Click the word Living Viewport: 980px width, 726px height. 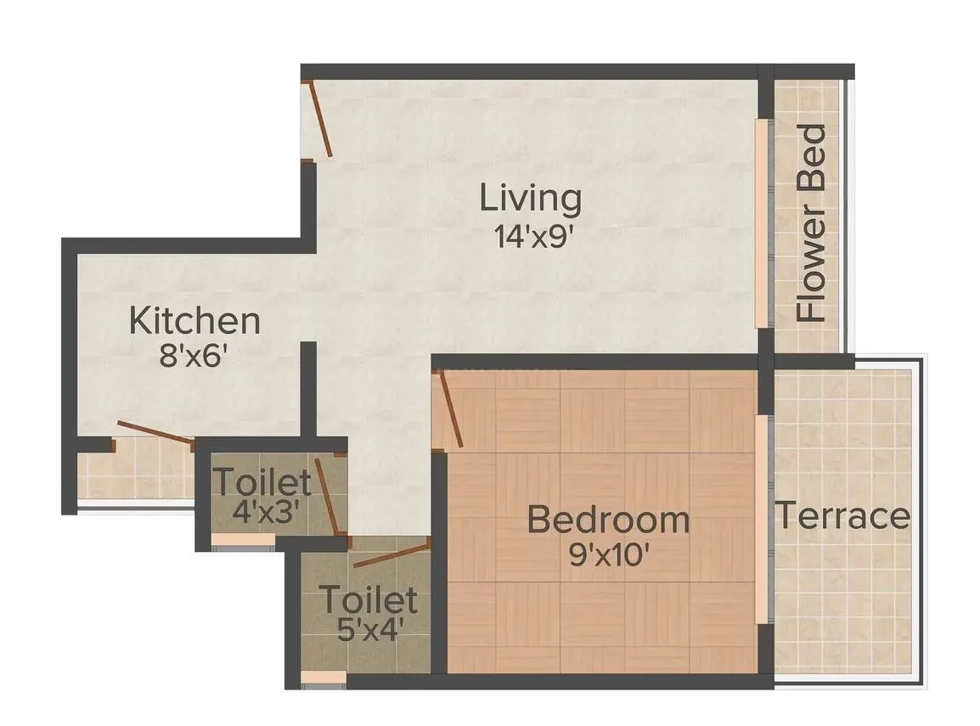click(531, 199)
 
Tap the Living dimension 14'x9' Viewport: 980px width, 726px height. click(531, 235)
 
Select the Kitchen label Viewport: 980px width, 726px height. click(194, 321)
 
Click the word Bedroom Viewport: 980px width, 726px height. click(608, 519)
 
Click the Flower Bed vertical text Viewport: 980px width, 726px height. click(813, 222)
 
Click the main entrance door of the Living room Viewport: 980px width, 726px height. click(318, 118)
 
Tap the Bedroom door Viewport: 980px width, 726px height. click(448, 410)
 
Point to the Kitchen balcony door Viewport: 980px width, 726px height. click(155, 431)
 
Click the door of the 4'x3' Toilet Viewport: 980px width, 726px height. click(329, 494)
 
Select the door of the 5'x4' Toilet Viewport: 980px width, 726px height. click(389, 555)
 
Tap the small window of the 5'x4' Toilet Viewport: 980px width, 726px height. click(324, 677)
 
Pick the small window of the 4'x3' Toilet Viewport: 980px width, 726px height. click(243, 538)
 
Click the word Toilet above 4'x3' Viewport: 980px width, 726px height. click(262, 483)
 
